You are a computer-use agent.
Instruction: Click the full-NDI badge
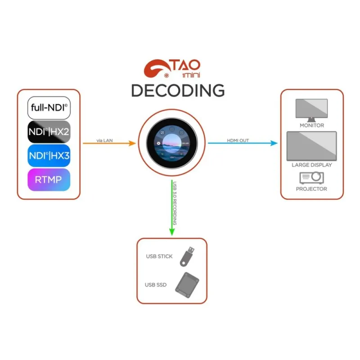pos(49,108)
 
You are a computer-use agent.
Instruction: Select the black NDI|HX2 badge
pos(49,132)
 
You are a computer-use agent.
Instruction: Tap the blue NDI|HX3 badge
pos(49,156)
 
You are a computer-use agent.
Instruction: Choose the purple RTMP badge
pos(49,180)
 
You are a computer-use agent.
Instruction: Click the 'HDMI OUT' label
pos(238,140)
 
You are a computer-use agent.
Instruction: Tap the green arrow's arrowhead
pos(171,231)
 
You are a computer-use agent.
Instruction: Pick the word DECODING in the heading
pos(178,90)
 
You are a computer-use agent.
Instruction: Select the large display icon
pos(311,146)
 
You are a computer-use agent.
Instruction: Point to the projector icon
pos(311,177)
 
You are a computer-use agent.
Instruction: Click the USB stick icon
pos(188,256)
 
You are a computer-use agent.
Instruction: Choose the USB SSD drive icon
pos(187,285)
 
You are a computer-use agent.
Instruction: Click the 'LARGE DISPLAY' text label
pos(311,165)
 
